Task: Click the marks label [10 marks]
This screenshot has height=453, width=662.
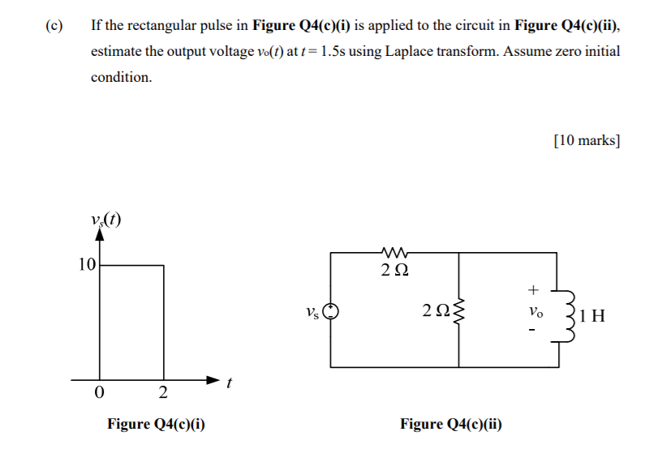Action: point(587,140)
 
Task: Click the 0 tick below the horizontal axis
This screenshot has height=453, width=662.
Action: point(99,394)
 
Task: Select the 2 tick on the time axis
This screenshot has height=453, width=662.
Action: point(163,394)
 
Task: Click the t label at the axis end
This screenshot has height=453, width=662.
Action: point(230,386)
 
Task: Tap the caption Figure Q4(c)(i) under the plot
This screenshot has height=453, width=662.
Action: point(156,424)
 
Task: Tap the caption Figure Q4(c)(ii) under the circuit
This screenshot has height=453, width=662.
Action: point(451,424)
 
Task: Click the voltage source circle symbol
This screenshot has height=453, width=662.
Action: point(330,311)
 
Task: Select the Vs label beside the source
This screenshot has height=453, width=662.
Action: point(312,310)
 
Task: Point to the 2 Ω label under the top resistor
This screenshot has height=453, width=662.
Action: point(396,271)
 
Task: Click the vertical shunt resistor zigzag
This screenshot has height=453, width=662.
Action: point(460,310)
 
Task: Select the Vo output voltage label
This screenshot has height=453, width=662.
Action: point(533,311)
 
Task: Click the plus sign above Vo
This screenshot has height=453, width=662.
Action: point(533,288)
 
